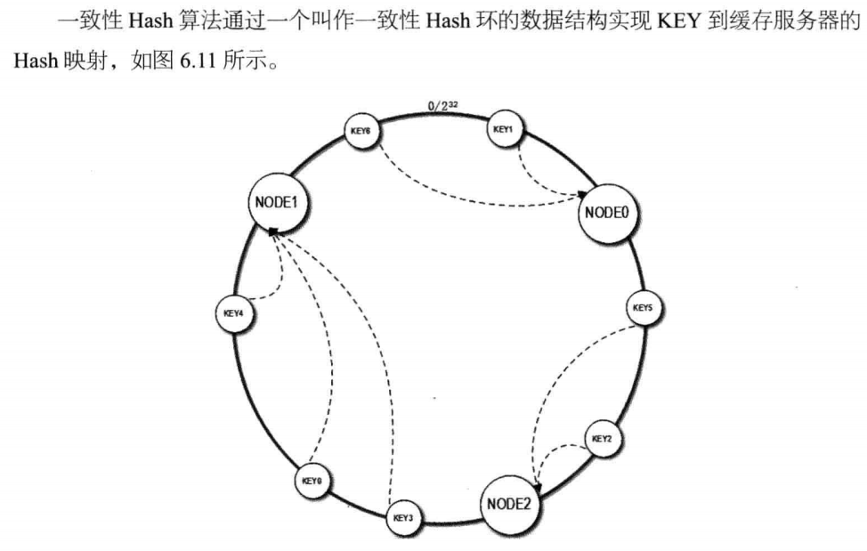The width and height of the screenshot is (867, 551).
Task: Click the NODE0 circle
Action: tap(609, 214)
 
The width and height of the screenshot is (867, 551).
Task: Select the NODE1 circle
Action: tap(275, 202)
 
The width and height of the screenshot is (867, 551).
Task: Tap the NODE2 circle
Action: tap(508, 504)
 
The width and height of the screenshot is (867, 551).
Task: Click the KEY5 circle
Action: tap(643, 308)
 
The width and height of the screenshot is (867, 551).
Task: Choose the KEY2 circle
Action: tap(603, 439)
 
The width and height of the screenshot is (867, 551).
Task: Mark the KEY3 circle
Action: tap(403, 517)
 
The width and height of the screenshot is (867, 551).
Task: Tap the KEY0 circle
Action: tap(311, 481)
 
